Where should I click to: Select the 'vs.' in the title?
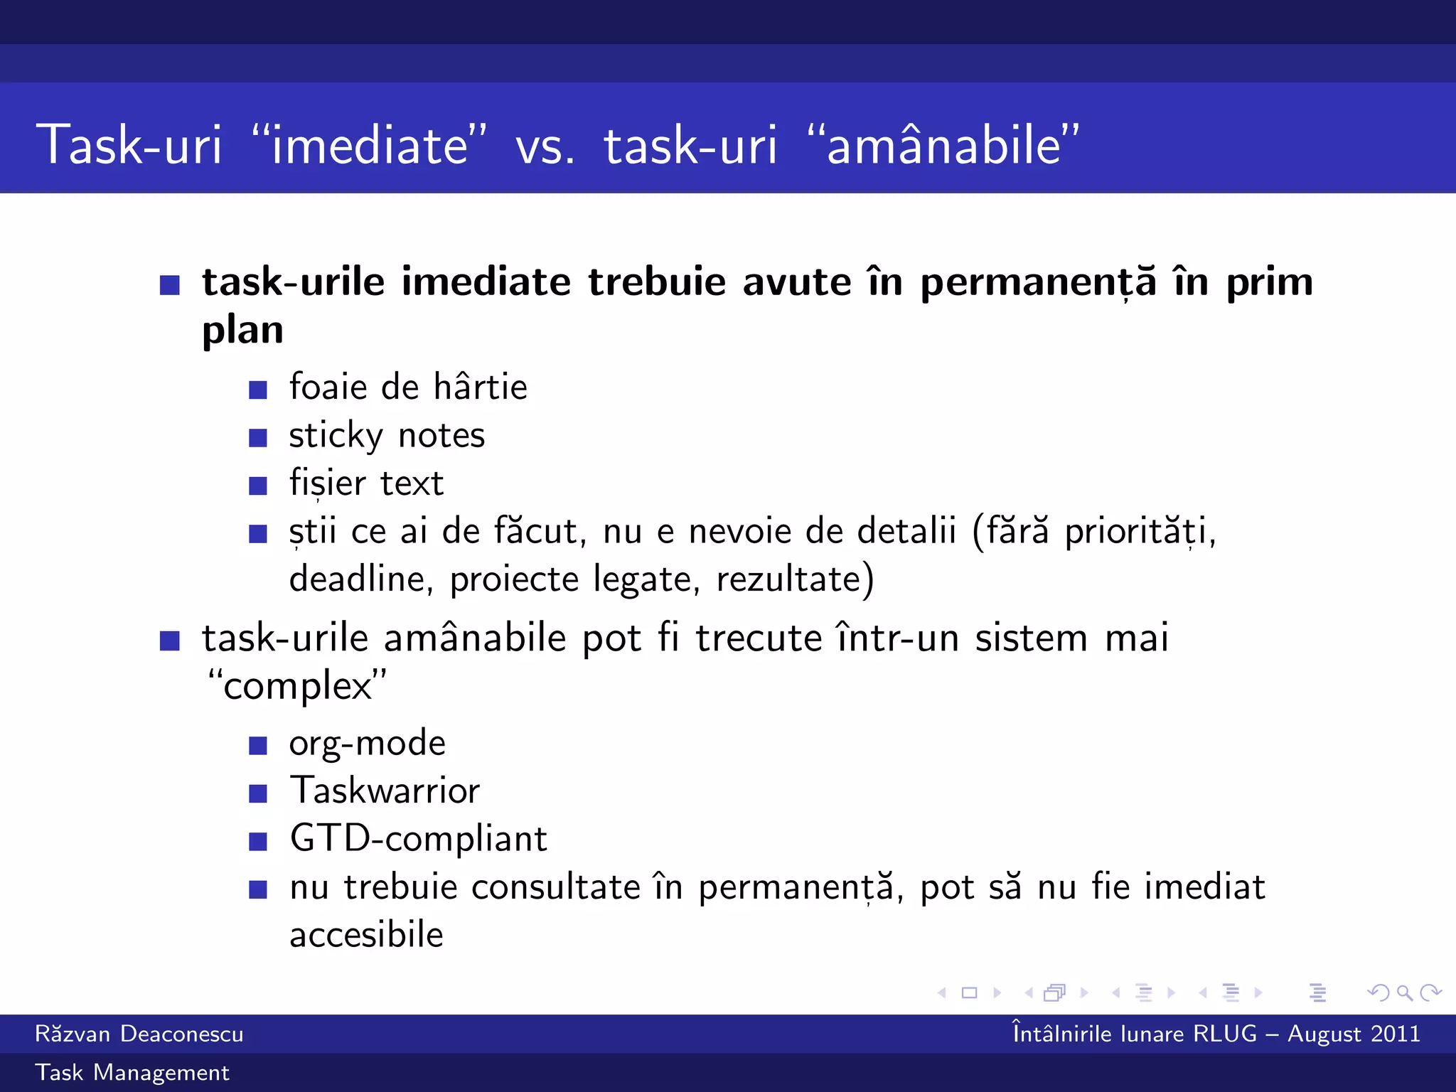pos(545,146)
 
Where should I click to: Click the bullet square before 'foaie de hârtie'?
pos(258,390)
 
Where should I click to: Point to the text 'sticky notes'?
pos(387,435)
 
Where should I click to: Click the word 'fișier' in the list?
pos(327,483)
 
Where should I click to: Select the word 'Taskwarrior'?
pos(385,791)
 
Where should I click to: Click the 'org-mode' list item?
pos(367,744)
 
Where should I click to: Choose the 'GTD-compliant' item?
pos(418,839)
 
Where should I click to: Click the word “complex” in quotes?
pos(297,686)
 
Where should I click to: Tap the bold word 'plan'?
pos(242,330)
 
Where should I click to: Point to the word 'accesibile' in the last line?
pos(366,935)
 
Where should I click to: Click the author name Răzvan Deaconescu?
pos(139,1034)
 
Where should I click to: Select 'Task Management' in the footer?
pos(132,1073)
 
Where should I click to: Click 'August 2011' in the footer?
pos(1354,1034)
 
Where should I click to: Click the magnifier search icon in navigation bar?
pos(1403,992)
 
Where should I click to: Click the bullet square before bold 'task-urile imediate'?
pos(170,285)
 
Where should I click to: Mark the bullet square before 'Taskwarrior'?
pos(258,793)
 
